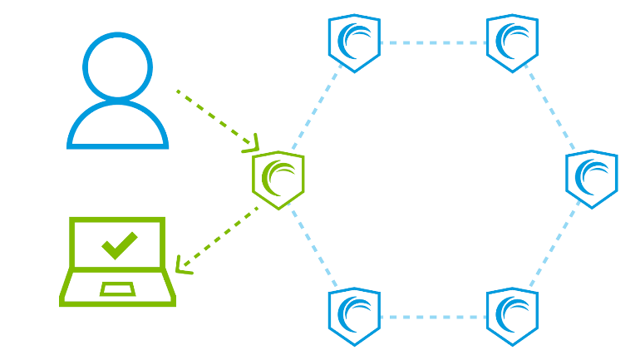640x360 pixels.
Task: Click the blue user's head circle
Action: pyautogui.click(x=117, y=66)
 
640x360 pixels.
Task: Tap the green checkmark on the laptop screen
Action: pyautogui.click(x=119, y=244)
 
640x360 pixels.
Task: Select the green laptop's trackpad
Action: pyautogui.click(x=117, y=288)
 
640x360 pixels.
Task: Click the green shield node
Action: pyautogui.click(x=278, y=179)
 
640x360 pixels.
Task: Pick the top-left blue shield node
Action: pyautogui.click(x=354, y=42)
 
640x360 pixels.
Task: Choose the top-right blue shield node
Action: pyautogui.click(x=512, y=42)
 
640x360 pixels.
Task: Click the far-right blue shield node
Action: pyautogui.click(x=591, y=179)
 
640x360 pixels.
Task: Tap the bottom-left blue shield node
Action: pyautogui.click(x=354, y=316)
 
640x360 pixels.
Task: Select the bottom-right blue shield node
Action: pyautogui.click(x=512, y=316)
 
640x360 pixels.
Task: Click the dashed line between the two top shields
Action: pyautogui.click(x=433, y=42)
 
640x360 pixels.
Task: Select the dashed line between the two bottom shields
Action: pyautogui.click(x=433, y=317)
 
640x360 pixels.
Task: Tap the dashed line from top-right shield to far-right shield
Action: pyautogui.click(x=549, y=106)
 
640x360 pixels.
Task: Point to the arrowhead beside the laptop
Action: pyautogui.click(x=183, y=268)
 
